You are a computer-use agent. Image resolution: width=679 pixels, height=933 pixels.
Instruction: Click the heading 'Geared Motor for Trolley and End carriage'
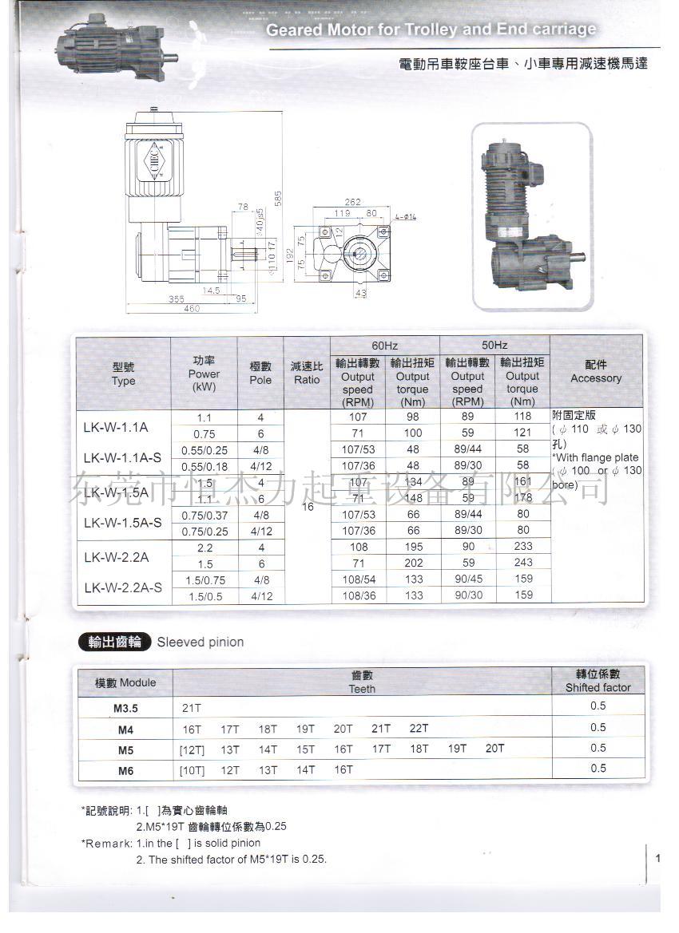tap(431, 30)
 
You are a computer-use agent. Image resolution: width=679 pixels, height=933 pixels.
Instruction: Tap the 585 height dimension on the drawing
tap(279, 199)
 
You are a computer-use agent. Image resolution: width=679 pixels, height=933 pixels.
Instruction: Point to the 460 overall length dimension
tap(192, 309)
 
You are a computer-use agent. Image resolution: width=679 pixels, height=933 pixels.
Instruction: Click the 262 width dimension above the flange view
tap(354, 202)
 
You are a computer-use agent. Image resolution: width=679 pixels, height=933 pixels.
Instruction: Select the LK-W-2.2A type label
tap(116, 556)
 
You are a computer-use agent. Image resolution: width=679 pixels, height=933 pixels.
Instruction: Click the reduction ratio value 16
tap(307, 506)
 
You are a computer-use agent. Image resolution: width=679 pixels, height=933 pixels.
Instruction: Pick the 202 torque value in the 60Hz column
tap(412, 563)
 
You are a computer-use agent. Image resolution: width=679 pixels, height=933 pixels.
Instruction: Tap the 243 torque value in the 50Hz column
tap(522, 563)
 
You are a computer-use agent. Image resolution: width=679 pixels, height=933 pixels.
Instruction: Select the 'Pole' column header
tap(260, 373)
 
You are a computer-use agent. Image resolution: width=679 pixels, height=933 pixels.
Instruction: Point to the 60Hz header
tap(384, 345)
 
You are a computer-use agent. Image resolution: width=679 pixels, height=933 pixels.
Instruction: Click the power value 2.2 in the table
tap(204, 547)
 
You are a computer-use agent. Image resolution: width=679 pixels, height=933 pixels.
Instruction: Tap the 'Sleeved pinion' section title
tap(201, 642)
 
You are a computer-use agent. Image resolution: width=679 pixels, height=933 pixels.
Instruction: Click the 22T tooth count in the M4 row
tap(419, 728)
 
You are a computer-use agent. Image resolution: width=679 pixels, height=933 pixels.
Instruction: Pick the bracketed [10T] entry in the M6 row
tap(193, 770)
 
